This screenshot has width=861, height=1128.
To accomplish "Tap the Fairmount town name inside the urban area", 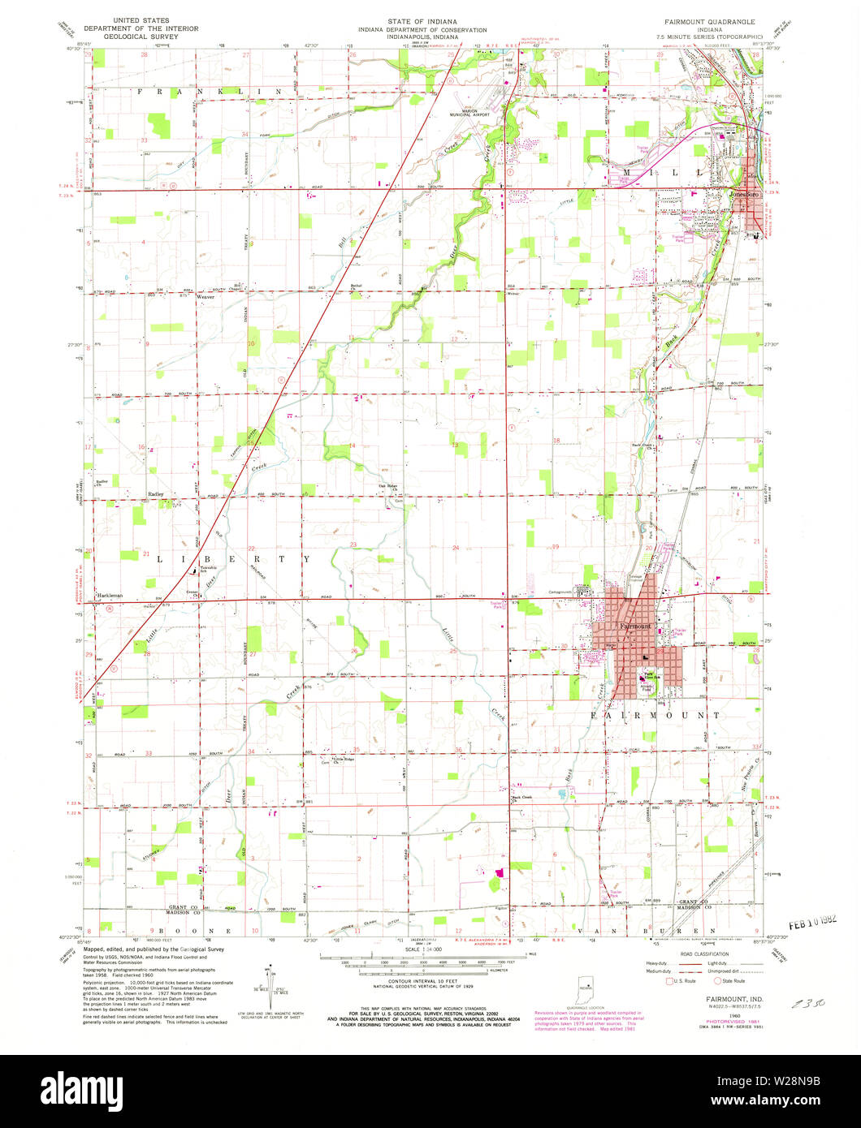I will (635, 626).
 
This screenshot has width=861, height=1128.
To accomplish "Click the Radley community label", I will (156, 493).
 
